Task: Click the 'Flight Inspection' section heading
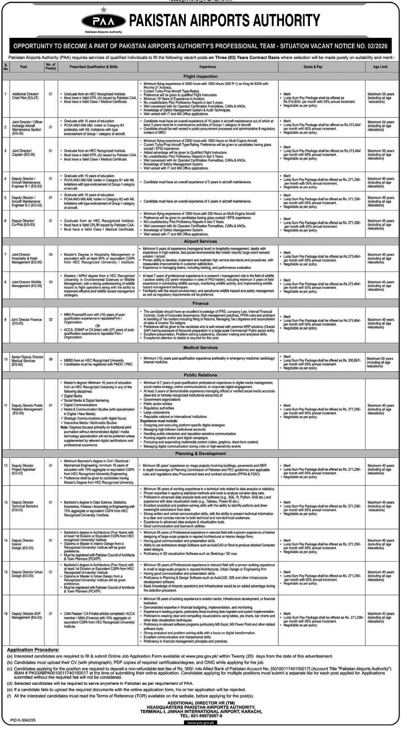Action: (x=201, y=76)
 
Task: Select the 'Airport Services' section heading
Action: (x=201, y=241)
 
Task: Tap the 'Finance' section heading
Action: (x=201, y=303)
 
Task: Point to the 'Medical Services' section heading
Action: (x=201, y=348)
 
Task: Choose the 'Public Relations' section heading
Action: (x=201, y=375)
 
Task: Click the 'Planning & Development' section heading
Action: (x=201, y=454)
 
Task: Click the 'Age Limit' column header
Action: (x=380, y=67)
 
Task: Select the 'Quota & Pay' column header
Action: (x=313, y=67)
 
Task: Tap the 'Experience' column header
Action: (x=207, y=67)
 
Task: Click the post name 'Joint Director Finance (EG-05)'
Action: (x=26, y=321)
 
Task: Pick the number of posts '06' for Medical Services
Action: (x=51, y=359)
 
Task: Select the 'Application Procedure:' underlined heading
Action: (x=33, y=650)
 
